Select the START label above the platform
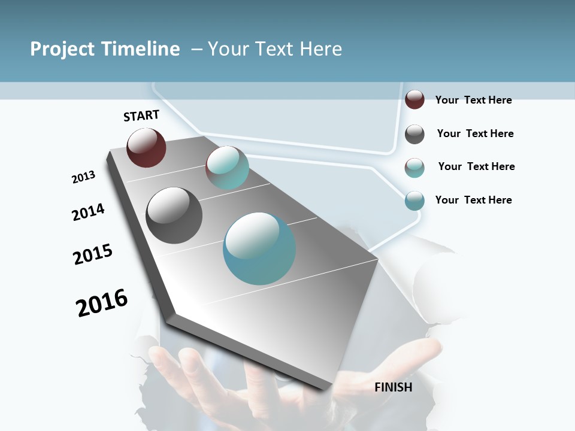click(141, 116)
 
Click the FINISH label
click(393, 387)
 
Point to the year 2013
click(83, 177)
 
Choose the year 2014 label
click(88, 212)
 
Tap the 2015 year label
click(93, 254)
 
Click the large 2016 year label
click(102, 302)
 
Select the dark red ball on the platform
click(146, 147)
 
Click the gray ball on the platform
click(174, 215)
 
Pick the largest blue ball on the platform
click(259, 248)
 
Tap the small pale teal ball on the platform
click(227, 168)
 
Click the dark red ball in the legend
click(414, 99)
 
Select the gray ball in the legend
click(414, 134)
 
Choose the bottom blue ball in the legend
click(414, 201)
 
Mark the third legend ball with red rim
click(414, 168)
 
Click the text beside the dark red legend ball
click(473, 100)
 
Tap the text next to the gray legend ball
click(475, 133)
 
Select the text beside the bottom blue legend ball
click(473, 200)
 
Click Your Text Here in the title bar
click(275, 49)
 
